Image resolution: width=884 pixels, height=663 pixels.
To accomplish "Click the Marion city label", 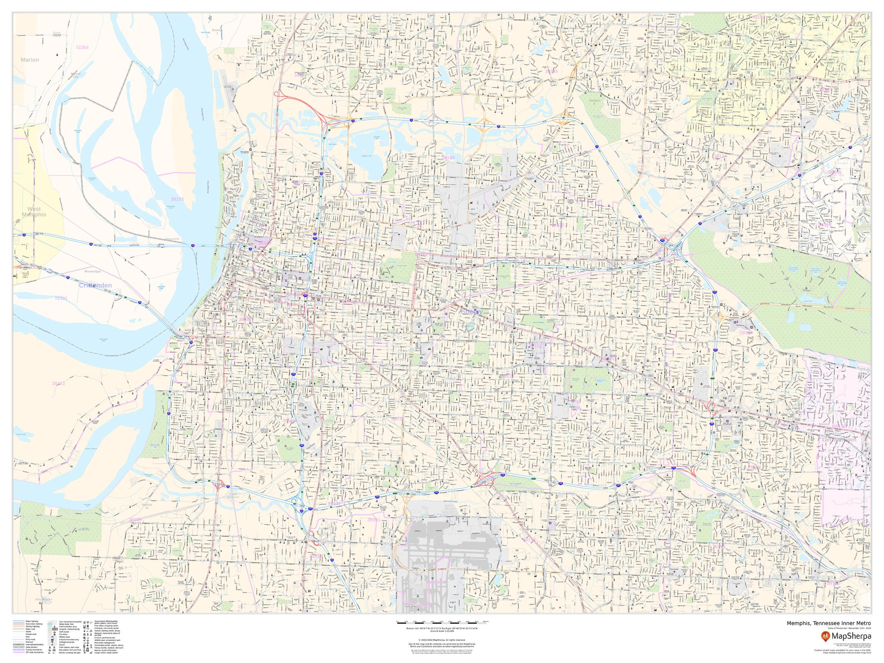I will coord(30,60).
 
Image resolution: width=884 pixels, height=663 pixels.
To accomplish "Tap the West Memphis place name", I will coord(34,212).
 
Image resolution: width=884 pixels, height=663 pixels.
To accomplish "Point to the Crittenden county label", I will coord(95,285).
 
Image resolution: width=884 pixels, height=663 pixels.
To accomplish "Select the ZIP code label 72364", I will coord(82,47).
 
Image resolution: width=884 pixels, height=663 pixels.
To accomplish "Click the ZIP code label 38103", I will coord(177,199).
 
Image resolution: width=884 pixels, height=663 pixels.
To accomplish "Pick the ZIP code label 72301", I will coord(61,298).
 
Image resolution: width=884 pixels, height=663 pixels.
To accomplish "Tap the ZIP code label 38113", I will coord(58,383).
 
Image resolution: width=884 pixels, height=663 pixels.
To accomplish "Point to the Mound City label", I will coord(75,75).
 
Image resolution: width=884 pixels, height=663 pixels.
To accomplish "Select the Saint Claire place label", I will coord(57,34).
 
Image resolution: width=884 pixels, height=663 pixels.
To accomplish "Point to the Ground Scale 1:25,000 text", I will coord(442,632).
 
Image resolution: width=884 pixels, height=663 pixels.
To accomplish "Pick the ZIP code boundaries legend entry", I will coord(35,652).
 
